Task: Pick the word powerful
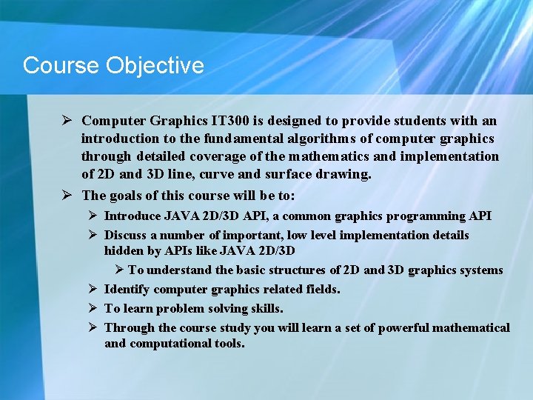[x=403, y=327]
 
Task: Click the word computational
[x=170, y=344]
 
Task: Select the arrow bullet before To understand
[x=120, y=270]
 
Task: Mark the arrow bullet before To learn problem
[x=93, y=308]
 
